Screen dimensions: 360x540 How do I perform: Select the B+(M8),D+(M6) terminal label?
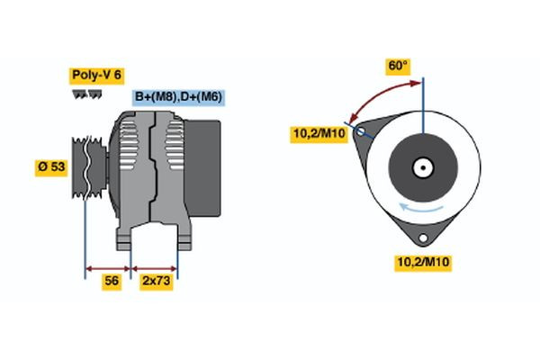pyautogui.click(x=178, y=97)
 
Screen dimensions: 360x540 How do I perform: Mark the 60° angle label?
pyautogui.click(x=398, y=66)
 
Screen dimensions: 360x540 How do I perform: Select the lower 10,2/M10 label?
pyautogui.click(x=423, y=262)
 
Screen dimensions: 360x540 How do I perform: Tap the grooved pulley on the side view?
pyautogui.click(x=86, y=166)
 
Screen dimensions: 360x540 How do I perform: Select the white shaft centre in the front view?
pyautogui.click(x=422, y=167)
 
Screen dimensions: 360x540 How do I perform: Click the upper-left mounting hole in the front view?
pyautogui.click(x=362, y=132)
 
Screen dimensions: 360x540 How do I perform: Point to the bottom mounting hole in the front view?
pyautogui.click(x=423, y=238)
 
